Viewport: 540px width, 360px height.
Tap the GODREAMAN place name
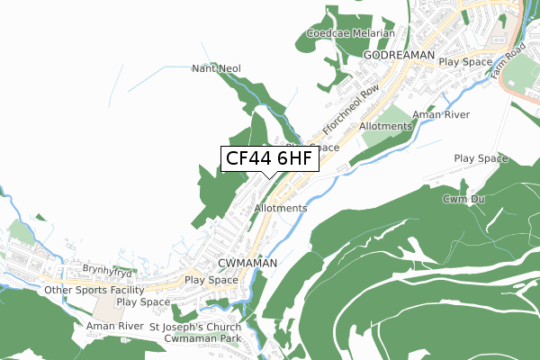pyautogui.click(x=399, y=56)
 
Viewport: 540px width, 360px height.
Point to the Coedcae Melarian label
pyautogui.click(x=350, y=33)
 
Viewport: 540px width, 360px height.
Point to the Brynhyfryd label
pyautogui.click(x=108, y=269)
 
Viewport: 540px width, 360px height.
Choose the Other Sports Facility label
pyautogui.click(x=94, y=291)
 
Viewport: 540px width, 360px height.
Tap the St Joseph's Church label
pyautogui.click(x=195, y=327)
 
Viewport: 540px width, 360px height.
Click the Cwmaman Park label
pyautogui.click(x=202, y=338)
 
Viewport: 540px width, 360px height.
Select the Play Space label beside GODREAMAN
pyautogui.click(x=465, y=62)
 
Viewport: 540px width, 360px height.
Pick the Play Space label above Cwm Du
pyautogui.click(x=481, y=158)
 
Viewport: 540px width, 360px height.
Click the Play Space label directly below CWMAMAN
pyautogui.click(x=211, y=281)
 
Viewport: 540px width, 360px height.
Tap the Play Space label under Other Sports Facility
pyautogui.click(x=143, y=301)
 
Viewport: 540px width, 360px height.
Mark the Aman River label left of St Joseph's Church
pyautogui.click(x=114, y=327)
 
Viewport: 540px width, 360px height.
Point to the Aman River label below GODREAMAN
pyautogui.click(x=441, y=115)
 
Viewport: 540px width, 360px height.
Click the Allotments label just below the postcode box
pyautogui.click(x=281, y=208)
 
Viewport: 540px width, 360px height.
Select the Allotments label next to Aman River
pyautogui.click(x=385, y=127)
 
